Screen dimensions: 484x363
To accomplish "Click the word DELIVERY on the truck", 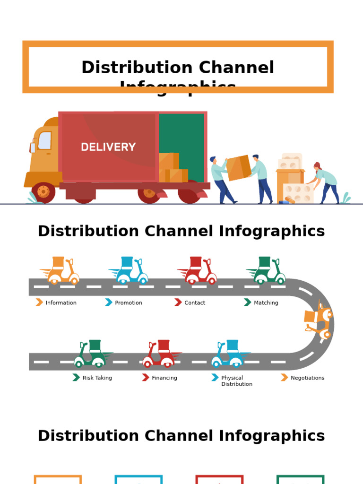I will [108, 147].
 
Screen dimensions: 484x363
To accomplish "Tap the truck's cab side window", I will [44, 140].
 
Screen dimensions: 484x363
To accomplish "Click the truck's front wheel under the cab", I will [43, 192].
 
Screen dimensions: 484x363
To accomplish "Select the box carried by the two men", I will [238, 168].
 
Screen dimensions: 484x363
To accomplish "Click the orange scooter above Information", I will [60, 271].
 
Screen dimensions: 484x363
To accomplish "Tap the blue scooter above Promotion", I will [129, 271].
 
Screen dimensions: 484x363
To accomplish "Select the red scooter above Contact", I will [198, 271].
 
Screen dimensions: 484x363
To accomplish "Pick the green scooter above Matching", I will [267, 271].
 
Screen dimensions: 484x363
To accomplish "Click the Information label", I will [61, 303].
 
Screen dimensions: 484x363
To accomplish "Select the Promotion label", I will [129, 303].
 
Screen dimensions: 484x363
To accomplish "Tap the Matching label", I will [266, 303].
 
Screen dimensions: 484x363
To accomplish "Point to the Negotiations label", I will [308, 378].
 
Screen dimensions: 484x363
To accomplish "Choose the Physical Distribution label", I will [236, 381].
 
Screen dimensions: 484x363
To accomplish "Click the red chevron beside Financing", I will [146, 378].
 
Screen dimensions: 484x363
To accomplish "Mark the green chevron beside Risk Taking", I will [76, 378].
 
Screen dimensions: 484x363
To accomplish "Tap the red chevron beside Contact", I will [178, 302].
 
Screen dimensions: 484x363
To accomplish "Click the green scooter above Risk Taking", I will [92, 354].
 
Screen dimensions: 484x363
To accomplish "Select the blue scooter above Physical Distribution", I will [230, 354].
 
